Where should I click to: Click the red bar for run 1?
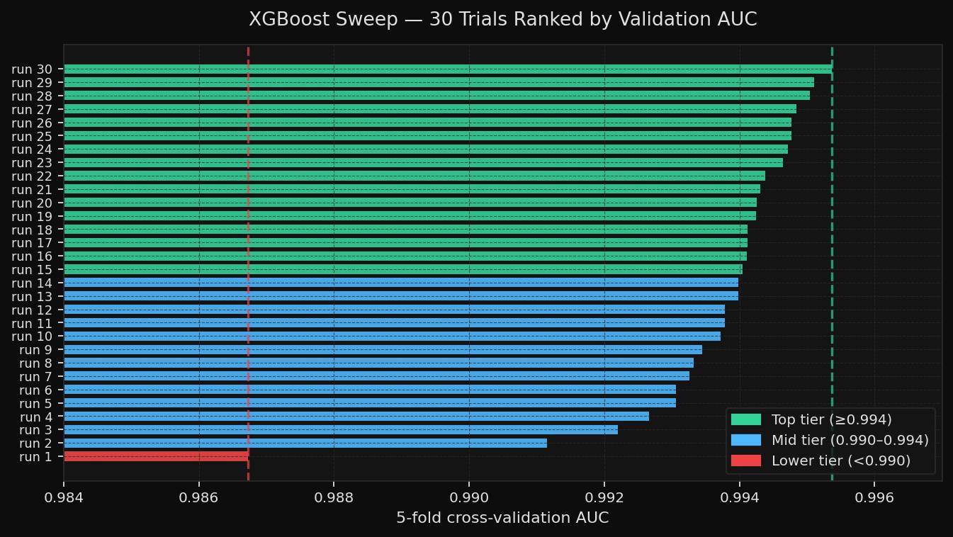click(x=156, y=456)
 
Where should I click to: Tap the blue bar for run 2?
click(x=305, y=443)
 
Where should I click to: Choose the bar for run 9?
click(x=383, y=349)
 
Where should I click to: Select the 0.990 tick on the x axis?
click(x=469, y=497)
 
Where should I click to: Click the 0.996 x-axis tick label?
click(x=874, y=497)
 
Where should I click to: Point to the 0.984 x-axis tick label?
click(x=64, y=497)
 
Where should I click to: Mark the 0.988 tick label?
click(x=334, y=497)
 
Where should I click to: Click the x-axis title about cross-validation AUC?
click(x=502, y=518)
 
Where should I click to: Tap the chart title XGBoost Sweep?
click(x=502, y=20)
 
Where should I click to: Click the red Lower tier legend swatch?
click(x=746, y=460)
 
